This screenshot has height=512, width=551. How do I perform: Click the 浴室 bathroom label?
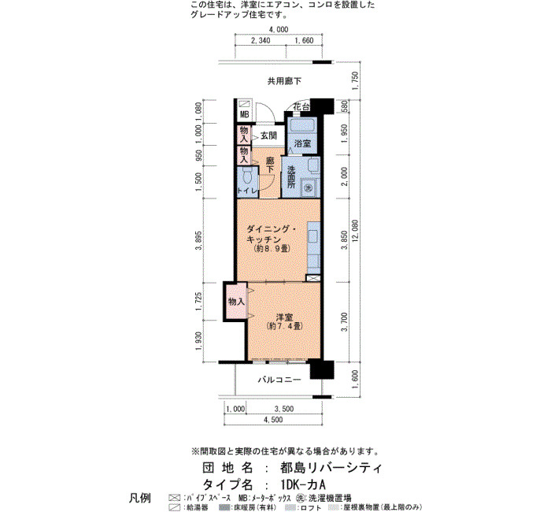(x=302, y=143)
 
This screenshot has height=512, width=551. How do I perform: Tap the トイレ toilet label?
(x=248, y=191)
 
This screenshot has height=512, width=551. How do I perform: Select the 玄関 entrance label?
(x=269, y=135)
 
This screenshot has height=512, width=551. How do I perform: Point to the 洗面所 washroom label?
(x=291, y=177)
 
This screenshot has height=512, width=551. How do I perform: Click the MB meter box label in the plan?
(x=244, y=114)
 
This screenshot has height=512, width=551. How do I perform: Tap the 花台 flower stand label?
(x=301, y=106)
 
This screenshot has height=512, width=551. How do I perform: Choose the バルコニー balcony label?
(x=279, y=380)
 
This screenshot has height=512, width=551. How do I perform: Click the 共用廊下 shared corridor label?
(x=285, y=81)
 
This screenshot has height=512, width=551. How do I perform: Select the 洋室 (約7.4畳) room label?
(x=284, y=321)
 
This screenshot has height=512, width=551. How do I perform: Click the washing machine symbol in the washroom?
(x=309, y=187)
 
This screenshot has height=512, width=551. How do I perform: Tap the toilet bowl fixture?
(x=247, y=176)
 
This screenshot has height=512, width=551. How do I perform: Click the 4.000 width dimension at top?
(x=279, y=30)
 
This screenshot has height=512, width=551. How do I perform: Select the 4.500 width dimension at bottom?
(x=273, y=420)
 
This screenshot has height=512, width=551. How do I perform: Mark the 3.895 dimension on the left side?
(x=199, y=240)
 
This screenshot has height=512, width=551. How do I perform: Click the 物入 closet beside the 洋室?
(x=236, y=302)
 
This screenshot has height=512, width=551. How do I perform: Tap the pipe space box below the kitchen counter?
(x=313, y=278)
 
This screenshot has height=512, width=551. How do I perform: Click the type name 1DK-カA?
(x=303, y=484)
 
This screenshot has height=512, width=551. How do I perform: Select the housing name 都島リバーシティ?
(x=331, y=468)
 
